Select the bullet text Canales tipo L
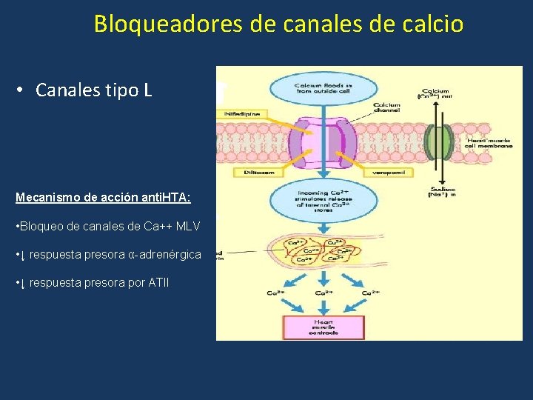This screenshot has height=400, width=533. (93, 90)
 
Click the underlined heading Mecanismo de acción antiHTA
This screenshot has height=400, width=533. (104, 198)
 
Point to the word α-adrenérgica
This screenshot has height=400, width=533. (164, 254)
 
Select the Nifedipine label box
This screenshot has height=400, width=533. (241, 113)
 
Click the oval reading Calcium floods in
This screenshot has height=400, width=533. (323, 90)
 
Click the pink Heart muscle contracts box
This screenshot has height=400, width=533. (323, 327)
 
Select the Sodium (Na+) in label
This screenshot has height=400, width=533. (442, 193)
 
